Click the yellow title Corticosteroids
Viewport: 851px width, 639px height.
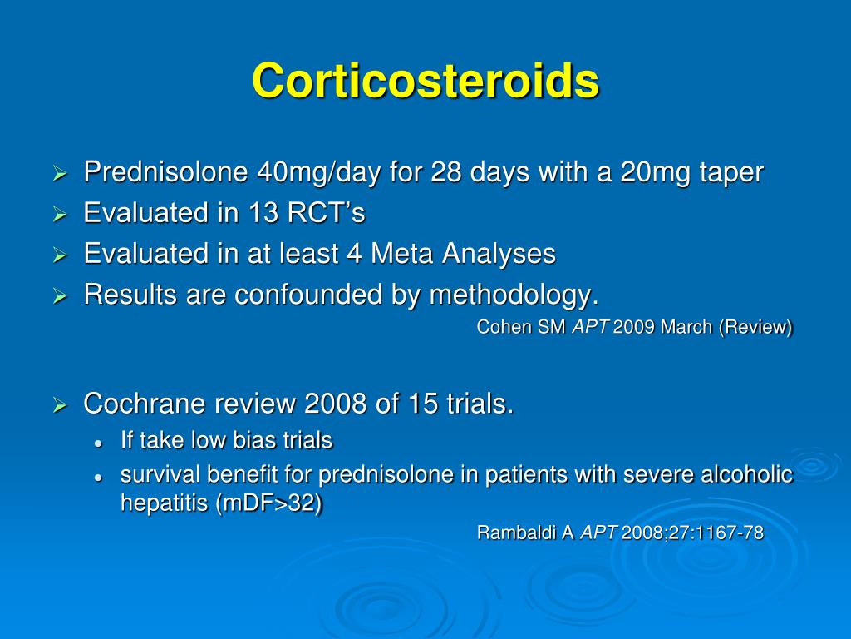coord(425,81)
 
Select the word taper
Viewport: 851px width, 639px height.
coord(731,173)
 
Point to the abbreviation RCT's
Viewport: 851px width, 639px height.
coord(326,214)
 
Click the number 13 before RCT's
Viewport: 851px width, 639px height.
coord(263,214)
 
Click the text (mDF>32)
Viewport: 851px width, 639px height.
coord(268,504)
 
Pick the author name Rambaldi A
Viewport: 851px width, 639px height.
coord(525,533)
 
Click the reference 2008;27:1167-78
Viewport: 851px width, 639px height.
coord(692,533)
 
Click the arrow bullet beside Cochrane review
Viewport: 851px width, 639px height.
coord(60,405)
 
